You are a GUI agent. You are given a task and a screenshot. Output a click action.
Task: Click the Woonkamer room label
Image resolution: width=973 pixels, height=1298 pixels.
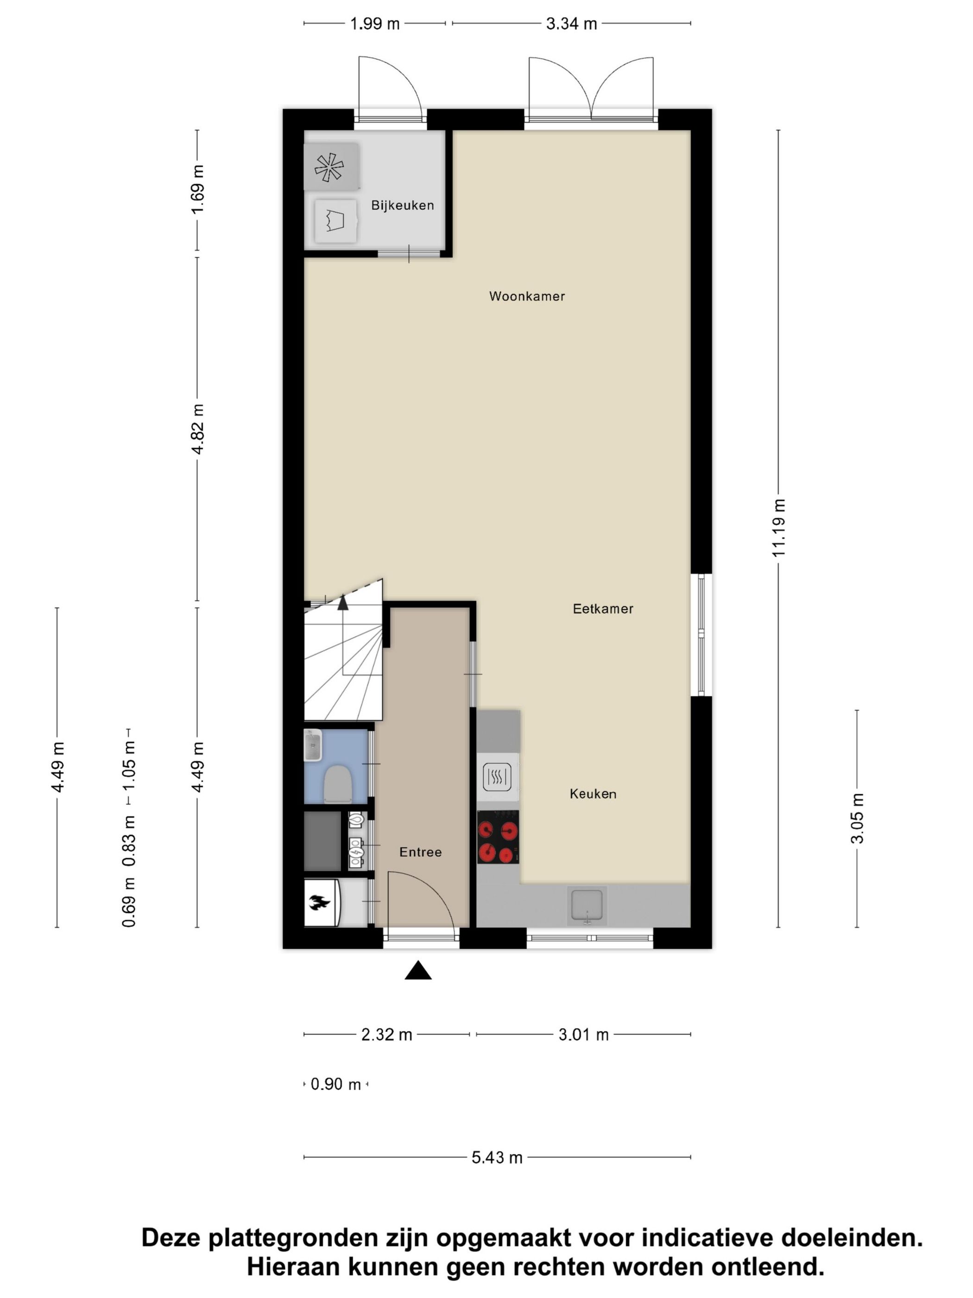click(x=527, y=296)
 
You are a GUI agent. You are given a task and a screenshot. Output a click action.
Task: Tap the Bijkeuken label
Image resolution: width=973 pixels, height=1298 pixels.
click(x=402, y=205)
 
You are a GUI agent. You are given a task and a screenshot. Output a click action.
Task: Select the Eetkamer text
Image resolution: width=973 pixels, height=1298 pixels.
click(x=603, y=609)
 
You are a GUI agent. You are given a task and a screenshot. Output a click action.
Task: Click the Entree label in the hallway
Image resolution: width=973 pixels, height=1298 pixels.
click(x=420, y=852)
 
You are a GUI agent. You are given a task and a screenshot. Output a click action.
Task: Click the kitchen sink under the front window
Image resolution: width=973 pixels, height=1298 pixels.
click(x=587, y=905)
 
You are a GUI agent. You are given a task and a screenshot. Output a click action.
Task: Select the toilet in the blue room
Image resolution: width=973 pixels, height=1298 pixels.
click(x=338, y=784)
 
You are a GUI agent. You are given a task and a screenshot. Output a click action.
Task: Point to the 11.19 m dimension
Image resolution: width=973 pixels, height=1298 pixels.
click(x=778, y=528)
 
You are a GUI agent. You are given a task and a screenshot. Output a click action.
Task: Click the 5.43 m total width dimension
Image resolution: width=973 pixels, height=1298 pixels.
click(x=497, y=1158)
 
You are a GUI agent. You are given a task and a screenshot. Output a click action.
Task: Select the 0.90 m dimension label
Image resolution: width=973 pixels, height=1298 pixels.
click(x=335, y=1084)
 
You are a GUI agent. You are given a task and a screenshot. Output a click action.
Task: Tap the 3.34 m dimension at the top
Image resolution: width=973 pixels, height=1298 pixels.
click(x=571, y=24)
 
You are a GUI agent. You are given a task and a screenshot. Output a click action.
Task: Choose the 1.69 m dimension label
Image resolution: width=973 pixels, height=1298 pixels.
click(x=198, y=190)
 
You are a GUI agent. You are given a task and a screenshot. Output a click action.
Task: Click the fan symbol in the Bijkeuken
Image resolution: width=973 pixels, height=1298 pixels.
click(x=329, y=166)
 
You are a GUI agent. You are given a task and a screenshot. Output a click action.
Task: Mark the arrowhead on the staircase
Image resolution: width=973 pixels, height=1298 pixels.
click(x=342, y=601)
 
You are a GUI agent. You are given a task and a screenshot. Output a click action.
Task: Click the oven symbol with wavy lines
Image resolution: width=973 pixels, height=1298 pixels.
click(x=497, y=777)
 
